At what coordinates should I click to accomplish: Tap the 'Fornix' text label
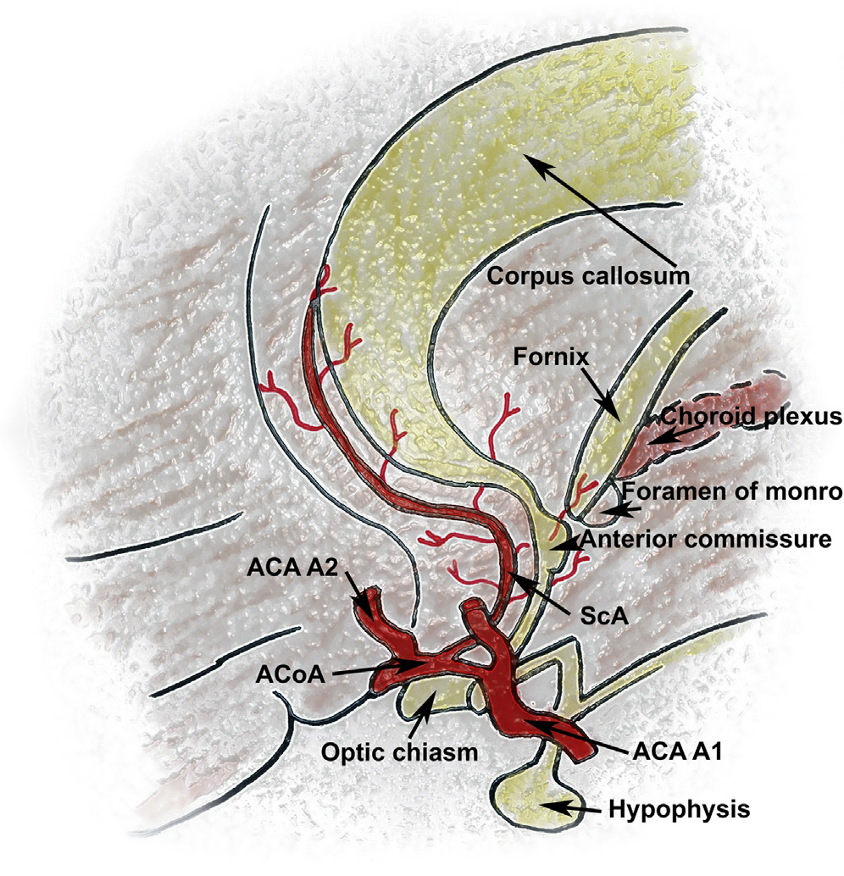550,358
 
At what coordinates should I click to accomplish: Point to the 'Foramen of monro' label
733,491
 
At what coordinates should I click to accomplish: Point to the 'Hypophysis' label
680,809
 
